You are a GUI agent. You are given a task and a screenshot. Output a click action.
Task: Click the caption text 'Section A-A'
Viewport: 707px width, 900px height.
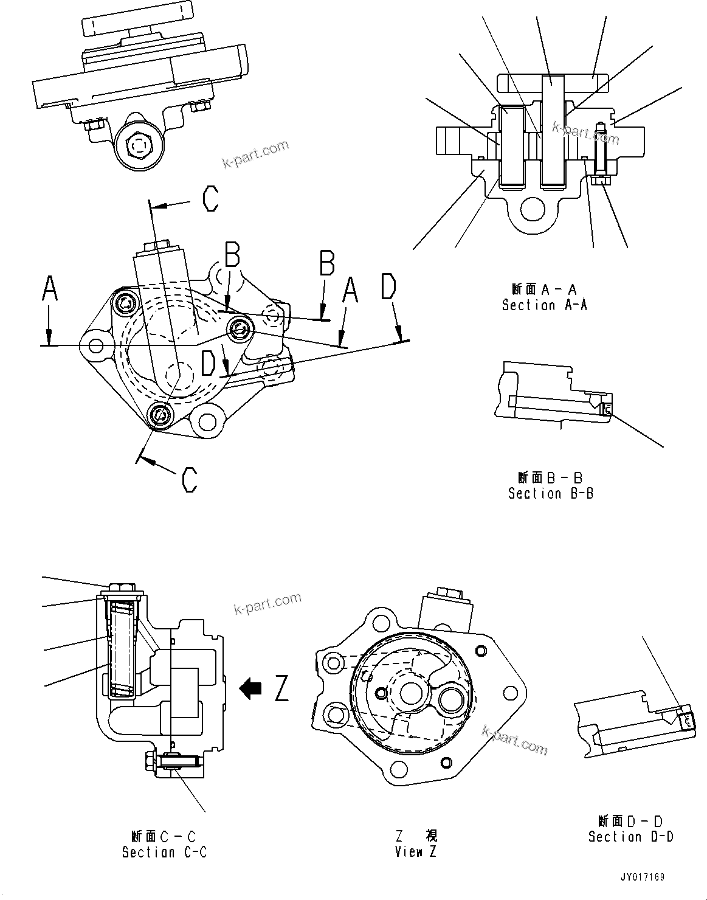pyautogui.click(x=544, y=305)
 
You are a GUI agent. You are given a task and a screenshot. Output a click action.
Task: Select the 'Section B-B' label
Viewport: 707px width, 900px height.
pyautogui.click(x=551, y=493)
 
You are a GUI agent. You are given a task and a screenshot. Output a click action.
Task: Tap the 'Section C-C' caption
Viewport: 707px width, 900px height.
pyautogui.click(x=164, y=852)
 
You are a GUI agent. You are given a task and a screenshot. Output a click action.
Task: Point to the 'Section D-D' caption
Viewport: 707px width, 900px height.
pyautogui.click(x=630, y=837)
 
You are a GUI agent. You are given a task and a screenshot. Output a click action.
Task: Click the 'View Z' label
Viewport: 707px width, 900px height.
pyautogui.click(x=415, y=852)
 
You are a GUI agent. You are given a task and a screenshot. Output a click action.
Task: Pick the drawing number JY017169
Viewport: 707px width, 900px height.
pyautogui.click(x=643, y=877)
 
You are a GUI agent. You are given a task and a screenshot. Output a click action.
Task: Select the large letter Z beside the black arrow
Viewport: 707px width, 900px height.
pyautogui.click(x=281, y=688)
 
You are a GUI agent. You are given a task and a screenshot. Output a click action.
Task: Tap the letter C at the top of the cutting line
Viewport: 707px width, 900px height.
pyautogui.click(x=210, y=199)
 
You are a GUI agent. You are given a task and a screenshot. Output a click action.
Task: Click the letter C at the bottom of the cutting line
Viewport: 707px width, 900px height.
pyautogui.click(x=190, y=479)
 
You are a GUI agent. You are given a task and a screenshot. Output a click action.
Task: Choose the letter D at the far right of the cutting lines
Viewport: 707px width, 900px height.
pyautogui.click(x=388, y=288)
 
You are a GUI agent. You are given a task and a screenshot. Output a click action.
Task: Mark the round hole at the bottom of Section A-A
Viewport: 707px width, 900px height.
pyautogui.click(x=533, y=210)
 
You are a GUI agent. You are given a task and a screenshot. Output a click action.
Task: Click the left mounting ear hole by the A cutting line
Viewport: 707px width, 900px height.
pyautogui.click(x=95, y=345)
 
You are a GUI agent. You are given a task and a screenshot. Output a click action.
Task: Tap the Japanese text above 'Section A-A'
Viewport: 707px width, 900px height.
pyautogui.click(x=544, y=289)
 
